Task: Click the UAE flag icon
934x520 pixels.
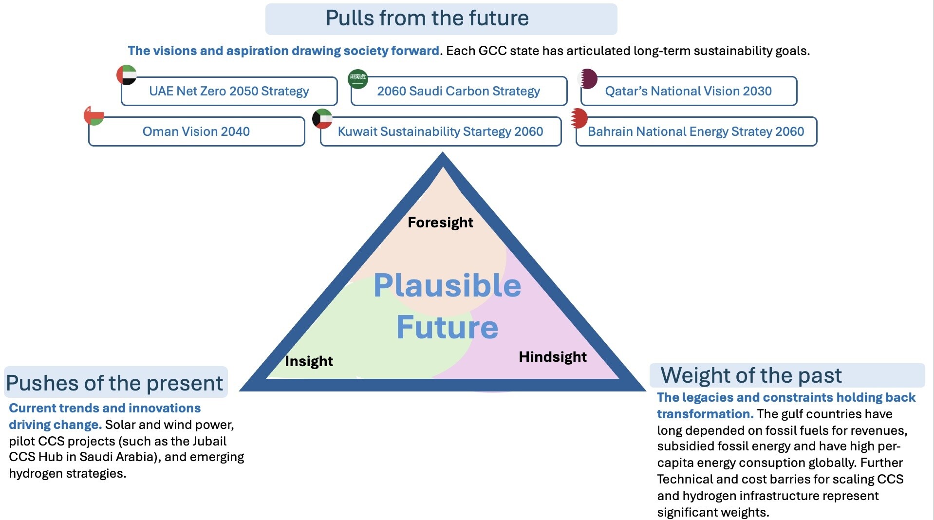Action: coord(127,75)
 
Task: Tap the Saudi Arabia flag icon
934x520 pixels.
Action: coord(358,79)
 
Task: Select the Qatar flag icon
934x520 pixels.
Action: coord(588,78)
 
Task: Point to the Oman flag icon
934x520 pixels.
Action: coord(94,115)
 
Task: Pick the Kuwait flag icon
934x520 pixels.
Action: coord(322,119)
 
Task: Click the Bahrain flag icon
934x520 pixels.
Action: coord(579,118)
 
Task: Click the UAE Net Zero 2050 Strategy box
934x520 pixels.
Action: coord(229,91)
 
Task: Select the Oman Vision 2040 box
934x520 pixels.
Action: coord(196,131)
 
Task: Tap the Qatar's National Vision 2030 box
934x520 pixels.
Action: coord(688,91)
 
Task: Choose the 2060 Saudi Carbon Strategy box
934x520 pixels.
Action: coord(458,91)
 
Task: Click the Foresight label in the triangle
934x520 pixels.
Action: coord(440,223)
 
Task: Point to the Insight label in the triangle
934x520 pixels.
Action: coord(309,361)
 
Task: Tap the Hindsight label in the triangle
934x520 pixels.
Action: coord(553,357)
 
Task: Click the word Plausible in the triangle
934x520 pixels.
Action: coord(447,285)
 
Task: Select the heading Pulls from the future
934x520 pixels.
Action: coord(427,19)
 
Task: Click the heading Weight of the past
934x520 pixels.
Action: coord(751,375)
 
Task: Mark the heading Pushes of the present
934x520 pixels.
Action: coord(114,383)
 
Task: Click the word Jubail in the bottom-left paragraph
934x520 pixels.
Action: coord(209,441)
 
